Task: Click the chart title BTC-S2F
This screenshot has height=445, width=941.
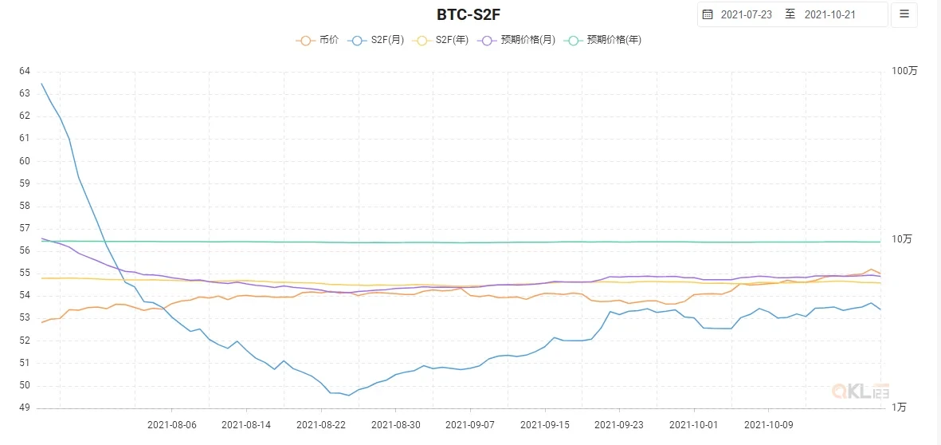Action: [x=469, y=14]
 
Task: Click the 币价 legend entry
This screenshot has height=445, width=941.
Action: [x=319, y=40]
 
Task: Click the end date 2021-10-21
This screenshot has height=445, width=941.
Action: [x=830, y=14]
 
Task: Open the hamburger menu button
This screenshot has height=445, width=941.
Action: [x=904, y=14]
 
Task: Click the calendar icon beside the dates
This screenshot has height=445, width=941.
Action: [x=708, y=14]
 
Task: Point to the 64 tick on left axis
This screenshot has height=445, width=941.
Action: [x=25, y=71]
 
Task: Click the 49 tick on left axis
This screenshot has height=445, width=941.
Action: [x=25, y=408]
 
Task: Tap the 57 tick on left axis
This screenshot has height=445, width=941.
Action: [x=25, y=228]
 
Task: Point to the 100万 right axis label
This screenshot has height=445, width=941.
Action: [x=904, y=71]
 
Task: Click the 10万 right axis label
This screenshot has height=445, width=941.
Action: [x=902, y=239]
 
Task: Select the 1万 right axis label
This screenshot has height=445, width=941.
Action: [x=899, y=408]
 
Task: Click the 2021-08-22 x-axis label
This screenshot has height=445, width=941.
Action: [x=321, y=425]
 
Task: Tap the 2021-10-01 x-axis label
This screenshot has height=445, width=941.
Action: [x=693, y=425]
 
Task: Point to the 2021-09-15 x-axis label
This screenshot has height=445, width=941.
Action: [x=545, y=425]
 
